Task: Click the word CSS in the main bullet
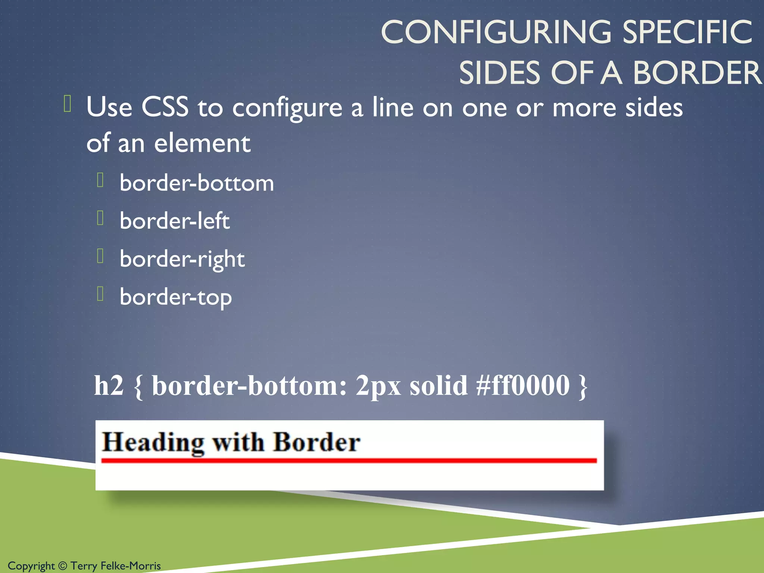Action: [165, 107]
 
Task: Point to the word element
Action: [202, 143]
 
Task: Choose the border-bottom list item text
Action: [197, 183]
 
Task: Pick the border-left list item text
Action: [175, 221]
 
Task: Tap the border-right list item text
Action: [182, 259]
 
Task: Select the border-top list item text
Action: [176, 297]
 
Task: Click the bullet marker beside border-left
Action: [100, 218]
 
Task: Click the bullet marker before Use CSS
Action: [68, 104]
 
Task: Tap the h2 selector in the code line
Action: [109, 385]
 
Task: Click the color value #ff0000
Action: [523, 385]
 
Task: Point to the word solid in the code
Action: [438, 385]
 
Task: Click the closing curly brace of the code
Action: [583, 387]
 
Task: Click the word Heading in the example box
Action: [153, 443]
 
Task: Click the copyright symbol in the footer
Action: [63, 566]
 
